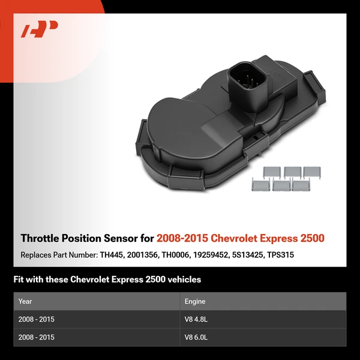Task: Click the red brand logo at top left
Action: point(40,29)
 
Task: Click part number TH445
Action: point(113,254)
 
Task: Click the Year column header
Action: point(25,301)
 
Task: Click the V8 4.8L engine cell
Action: point(196,320)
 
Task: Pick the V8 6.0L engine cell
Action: point(196,337)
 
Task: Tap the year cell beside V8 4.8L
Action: point(37,320)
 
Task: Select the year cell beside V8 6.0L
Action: point(37,337)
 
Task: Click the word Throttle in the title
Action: point(39,238)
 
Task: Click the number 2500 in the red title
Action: point(311,238)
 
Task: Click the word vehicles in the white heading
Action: point(181,280)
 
